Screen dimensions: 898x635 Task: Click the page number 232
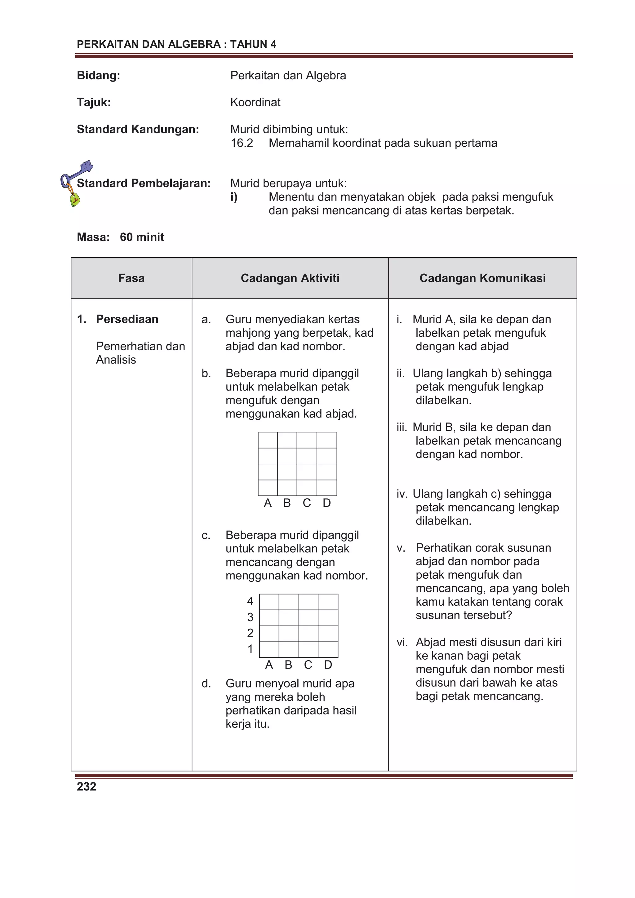click(87, 786)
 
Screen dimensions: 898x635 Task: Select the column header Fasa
click(131, 278)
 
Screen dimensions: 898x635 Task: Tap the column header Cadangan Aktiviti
click(290, 278)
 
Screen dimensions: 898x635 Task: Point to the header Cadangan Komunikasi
click(482, 278)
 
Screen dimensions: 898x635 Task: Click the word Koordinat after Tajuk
click(255, 103)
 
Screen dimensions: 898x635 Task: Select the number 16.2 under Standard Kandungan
click(242, 143)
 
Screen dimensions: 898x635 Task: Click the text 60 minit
click(142, 237)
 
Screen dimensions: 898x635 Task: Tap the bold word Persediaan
click(127, 319)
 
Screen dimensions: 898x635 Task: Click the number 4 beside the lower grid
click(250, 601)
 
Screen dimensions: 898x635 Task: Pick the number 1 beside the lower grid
click(250, 649)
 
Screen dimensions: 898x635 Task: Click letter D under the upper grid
click(327, 503)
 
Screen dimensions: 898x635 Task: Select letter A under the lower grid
click(269, 665)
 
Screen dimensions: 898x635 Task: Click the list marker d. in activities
click(206, 684)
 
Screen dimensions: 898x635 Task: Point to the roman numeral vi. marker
click(402, 642)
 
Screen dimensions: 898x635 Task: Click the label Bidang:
click(98, 76)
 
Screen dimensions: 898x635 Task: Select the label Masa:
click(93, 237)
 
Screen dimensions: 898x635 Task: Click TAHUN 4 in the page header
click(253, 45)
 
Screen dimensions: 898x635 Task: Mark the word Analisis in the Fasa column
click(116, 360)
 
